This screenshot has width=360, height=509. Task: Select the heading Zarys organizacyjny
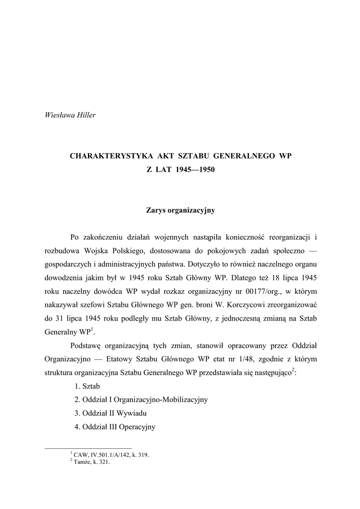[180, 210]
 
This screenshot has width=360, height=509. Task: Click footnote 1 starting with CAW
[111, 454]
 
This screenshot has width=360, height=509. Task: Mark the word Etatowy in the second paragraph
[129, 359]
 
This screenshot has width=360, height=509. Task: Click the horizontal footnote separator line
[88, 448]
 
